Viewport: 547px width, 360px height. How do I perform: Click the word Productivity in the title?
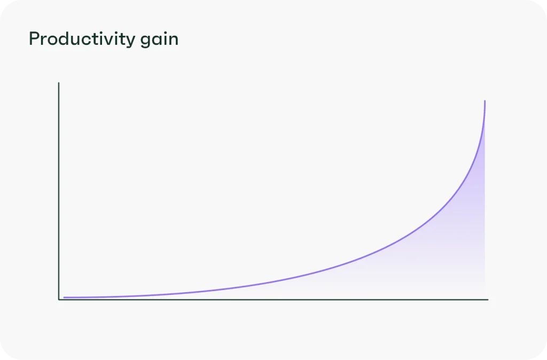click(x=82, y=39)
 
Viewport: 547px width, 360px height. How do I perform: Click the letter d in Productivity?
click(x=65, y=38)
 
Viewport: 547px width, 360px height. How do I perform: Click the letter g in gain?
click(x=146, y=42)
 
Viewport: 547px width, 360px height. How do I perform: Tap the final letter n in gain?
click(x=174, y=41)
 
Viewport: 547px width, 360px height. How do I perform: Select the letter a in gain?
click(x=158, y=41)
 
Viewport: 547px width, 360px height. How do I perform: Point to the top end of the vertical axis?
click(x=59, y=83)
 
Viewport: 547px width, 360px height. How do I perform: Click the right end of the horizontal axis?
click(x=488, y=299)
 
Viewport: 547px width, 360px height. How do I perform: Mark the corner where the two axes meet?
click(x=59, y=299)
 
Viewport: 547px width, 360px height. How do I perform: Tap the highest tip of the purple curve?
click(x=485, y=101)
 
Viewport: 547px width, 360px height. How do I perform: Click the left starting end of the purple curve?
click(x=64, y=298)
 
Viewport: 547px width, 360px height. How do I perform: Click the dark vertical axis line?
click(x=59, y=191)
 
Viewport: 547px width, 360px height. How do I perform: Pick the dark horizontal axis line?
click(x=273, y=299)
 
